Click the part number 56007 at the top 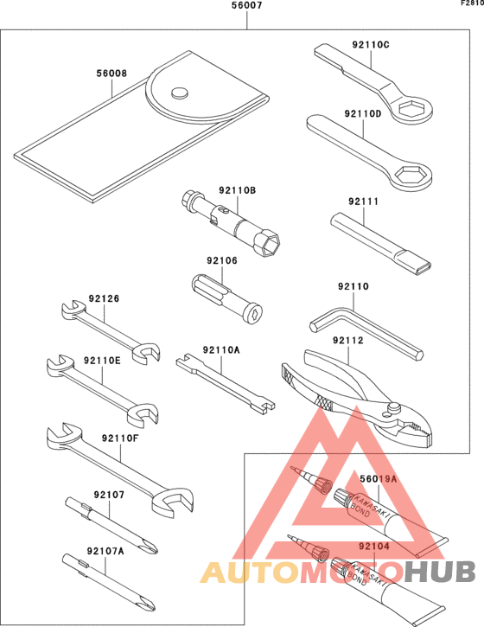[x=247, y=6]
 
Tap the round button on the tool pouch [x=180, y=92]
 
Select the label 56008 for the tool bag [x=111, y=74]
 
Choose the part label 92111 [x=364, y=202]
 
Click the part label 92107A [x=105, y=550]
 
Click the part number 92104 [x=373, y=547]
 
